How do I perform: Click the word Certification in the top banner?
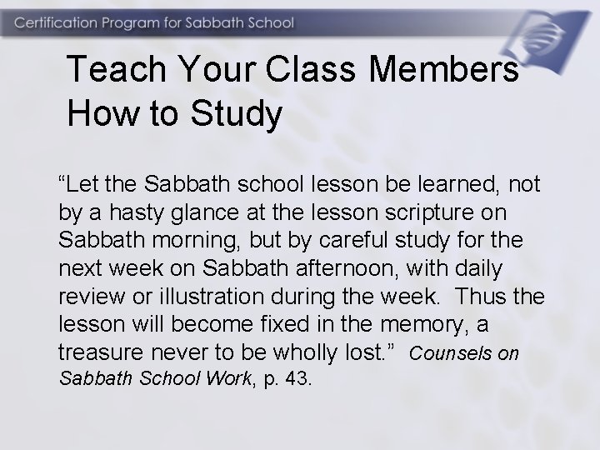pyautogui.click(x=57, y=22)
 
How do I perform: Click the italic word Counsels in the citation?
pyautogui.click(x=452, y=353)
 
